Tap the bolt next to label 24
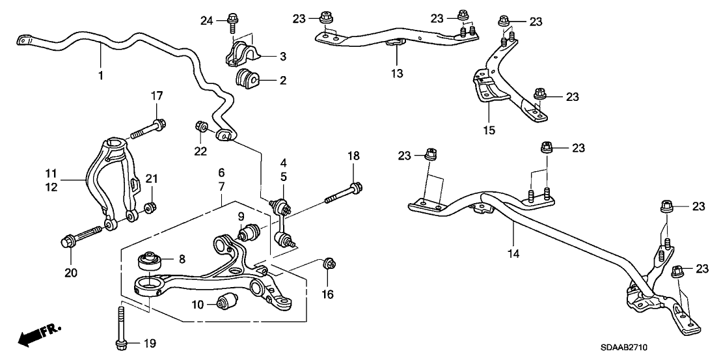point(232,21)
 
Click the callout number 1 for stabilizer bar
point(101,76)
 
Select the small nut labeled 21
point(149,208)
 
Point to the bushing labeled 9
point(249,232)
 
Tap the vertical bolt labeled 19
point(122,327)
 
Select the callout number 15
point(489,130)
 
